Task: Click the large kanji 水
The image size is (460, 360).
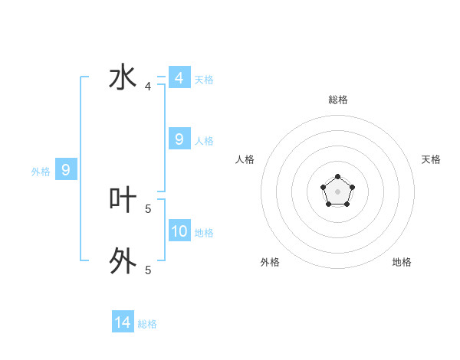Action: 123,79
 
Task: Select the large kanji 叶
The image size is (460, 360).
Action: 123,201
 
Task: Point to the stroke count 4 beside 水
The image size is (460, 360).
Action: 148,87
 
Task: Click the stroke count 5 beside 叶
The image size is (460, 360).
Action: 148,208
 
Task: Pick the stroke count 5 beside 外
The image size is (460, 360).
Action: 148,270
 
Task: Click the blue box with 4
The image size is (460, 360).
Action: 179,78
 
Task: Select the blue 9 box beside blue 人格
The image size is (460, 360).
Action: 179,139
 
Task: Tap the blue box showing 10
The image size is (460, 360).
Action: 179,231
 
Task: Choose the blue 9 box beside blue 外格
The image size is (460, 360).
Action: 66,170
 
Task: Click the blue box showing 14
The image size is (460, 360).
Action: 123,323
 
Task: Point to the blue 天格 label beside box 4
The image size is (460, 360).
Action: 204,80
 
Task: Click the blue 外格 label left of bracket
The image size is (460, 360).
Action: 41,172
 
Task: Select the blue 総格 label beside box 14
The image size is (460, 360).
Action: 147,324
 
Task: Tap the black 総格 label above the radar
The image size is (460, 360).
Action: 337,100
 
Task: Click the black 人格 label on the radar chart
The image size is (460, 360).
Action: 245,159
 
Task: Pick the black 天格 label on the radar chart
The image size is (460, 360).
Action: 431,159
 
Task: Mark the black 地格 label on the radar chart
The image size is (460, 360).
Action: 402,262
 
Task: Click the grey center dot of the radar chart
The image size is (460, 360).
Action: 337,191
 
